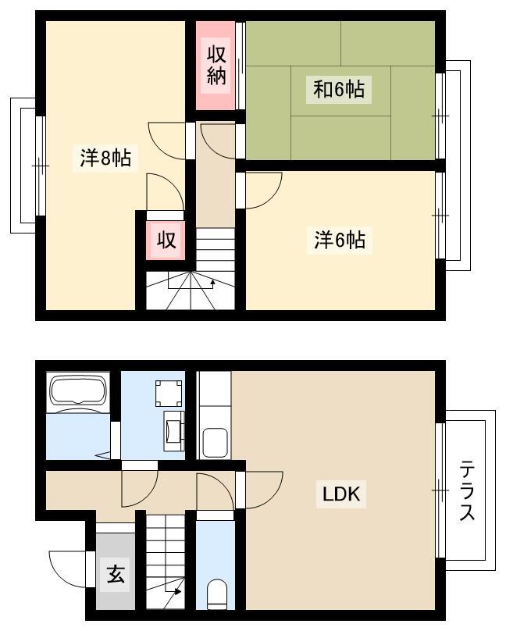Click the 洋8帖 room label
(x=105, y=157)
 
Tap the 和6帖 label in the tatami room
(x=339, y=89)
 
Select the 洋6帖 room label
(x=340, y=240)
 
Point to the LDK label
(x=341, y=494)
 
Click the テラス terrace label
(x=468, y=490)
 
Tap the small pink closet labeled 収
(x=166, y=241)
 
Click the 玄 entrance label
(x=116, y=574)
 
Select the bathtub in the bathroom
(x=78, y=390)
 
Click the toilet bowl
(x=217, y=594)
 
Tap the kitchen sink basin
(x=215, y=443)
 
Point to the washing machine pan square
(x=169, y=393)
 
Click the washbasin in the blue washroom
(x=174, y=431)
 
